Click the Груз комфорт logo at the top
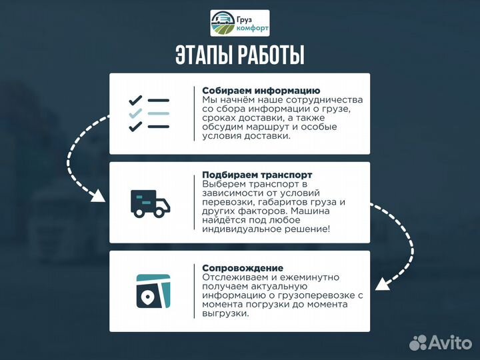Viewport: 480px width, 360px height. point(240,23)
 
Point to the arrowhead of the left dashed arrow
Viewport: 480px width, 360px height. point(99,196)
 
